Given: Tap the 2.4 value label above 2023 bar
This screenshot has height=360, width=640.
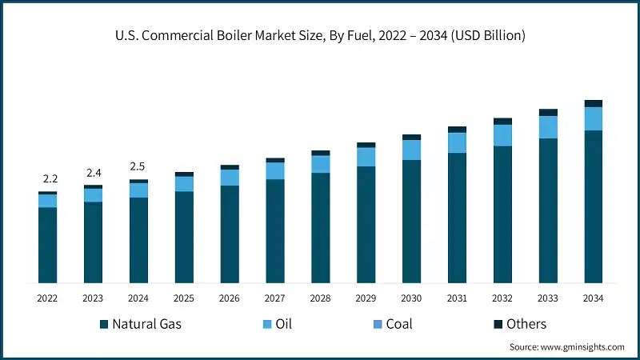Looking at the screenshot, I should (93, 173).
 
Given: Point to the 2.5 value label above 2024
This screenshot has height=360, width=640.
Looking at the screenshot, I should (138, 166).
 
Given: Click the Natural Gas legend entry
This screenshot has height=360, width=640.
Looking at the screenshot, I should (141, 324).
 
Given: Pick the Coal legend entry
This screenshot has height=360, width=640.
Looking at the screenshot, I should (392, 324).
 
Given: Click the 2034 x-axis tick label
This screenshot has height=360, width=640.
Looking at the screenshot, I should (593, 298).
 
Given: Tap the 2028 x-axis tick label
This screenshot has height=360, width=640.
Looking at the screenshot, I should (320, 298).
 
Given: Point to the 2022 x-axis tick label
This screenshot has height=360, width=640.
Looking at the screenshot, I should (47, 298).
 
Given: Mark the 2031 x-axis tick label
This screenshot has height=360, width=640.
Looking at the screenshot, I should (457, 298).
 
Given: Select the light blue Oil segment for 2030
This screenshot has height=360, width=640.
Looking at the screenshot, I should (411, 150).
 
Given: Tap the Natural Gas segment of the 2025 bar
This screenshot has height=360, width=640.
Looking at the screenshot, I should (184, 237).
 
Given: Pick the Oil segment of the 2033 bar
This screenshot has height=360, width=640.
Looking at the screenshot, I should (548, 127).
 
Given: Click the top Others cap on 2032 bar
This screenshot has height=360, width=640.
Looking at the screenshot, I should (502, 121).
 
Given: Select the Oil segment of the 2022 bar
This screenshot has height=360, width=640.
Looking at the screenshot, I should (47, 201).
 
